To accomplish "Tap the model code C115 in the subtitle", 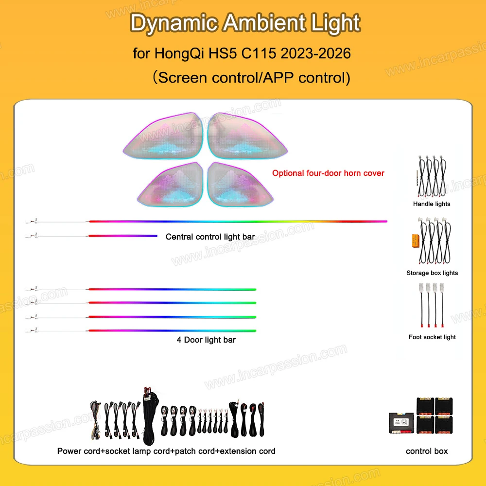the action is (x=259, y=53).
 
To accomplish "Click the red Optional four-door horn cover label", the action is (x=328, y=173).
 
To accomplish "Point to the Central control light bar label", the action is (x=210, y=237).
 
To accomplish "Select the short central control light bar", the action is (x=123, y=236).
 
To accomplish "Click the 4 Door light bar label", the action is (x=206, y=340).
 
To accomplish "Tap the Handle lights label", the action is (x=432, y=204).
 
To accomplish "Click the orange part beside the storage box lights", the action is (x=416, y=241).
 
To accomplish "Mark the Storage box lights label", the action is (x=432, y=273).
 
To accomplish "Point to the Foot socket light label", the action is (x=432, y=337).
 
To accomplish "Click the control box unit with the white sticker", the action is (x=401, y=423).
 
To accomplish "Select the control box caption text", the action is (x=427, y=451).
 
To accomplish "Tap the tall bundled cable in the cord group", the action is (x=150, y=416).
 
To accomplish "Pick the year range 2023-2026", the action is (x=315, y=53).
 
